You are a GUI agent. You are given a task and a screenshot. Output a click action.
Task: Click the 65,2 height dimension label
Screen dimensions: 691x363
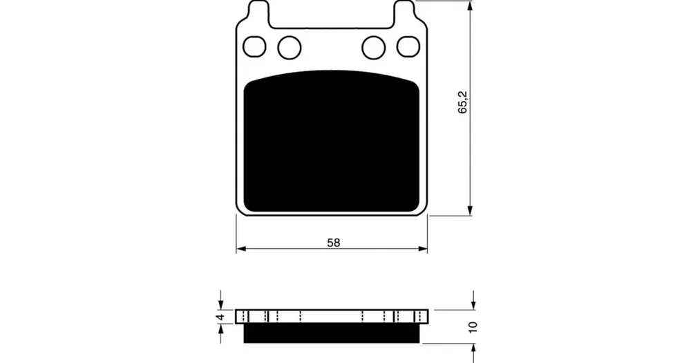(463, 102)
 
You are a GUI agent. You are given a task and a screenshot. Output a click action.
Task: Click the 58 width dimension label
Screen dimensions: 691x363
(334, 243)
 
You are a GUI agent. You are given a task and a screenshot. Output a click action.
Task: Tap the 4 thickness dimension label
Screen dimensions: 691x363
(221, 317)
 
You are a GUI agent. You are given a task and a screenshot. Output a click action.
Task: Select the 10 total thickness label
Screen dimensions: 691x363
(473, 327)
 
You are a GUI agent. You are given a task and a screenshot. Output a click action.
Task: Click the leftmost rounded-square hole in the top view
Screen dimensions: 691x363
(255, 47)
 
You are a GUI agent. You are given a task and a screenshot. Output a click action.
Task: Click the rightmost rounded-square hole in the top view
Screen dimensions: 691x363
(408, 47)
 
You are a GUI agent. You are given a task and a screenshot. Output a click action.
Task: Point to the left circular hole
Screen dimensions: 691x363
(290, 48)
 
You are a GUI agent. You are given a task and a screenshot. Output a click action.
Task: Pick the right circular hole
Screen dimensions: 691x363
(373, 48)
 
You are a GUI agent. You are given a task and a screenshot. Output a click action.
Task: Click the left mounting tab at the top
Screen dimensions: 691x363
(258, 11)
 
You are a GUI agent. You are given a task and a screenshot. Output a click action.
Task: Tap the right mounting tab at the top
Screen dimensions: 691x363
(404, 11)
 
